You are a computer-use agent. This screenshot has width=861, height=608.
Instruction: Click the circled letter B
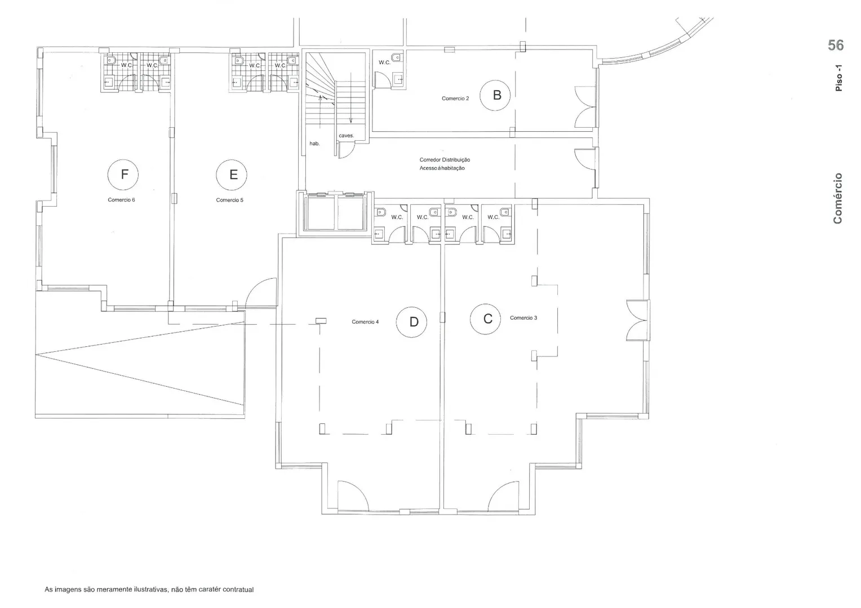coord(495,95)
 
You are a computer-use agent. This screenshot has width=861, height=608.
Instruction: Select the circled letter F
coord(123,175)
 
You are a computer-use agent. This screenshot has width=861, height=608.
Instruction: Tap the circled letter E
coord(232,175)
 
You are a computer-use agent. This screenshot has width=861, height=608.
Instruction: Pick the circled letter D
coord(412,322)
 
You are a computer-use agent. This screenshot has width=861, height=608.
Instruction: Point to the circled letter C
coord(486,319)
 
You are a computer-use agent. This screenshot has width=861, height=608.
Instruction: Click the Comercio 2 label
coord(455,99)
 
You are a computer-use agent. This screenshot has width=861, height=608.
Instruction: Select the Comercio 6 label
coord(121,200)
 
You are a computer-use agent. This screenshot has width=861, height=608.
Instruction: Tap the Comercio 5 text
coord(229,200)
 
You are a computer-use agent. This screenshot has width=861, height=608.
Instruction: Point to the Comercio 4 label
coord(365,322)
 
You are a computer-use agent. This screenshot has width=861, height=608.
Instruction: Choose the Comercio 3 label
coord(523,318)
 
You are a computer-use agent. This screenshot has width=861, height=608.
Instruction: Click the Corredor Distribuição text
coord(445,160)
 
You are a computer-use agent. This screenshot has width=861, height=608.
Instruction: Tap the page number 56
coord(836,46)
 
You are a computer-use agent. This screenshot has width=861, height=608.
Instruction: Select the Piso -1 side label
coord(838,78)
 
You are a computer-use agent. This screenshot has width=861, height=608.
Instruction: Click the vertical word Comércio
coord(837,198)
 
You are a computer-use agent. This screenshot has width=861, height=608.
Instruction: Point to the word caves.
coord(347,136)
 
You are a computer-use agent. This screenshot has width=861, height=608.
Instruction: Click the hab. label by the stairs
coord(314,144)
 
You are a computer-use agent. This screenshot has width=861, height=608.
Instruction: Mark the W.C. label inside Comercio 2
coord(384,62)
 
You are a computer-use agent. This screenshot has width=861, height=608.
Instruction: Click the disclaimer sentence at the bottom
coord(149,589)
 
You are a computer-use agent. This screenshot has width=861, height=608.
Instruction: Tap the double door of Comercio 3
coord(638,320)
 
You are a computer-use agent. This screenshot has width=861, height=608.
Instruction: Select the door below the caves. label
coord(345,150)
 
